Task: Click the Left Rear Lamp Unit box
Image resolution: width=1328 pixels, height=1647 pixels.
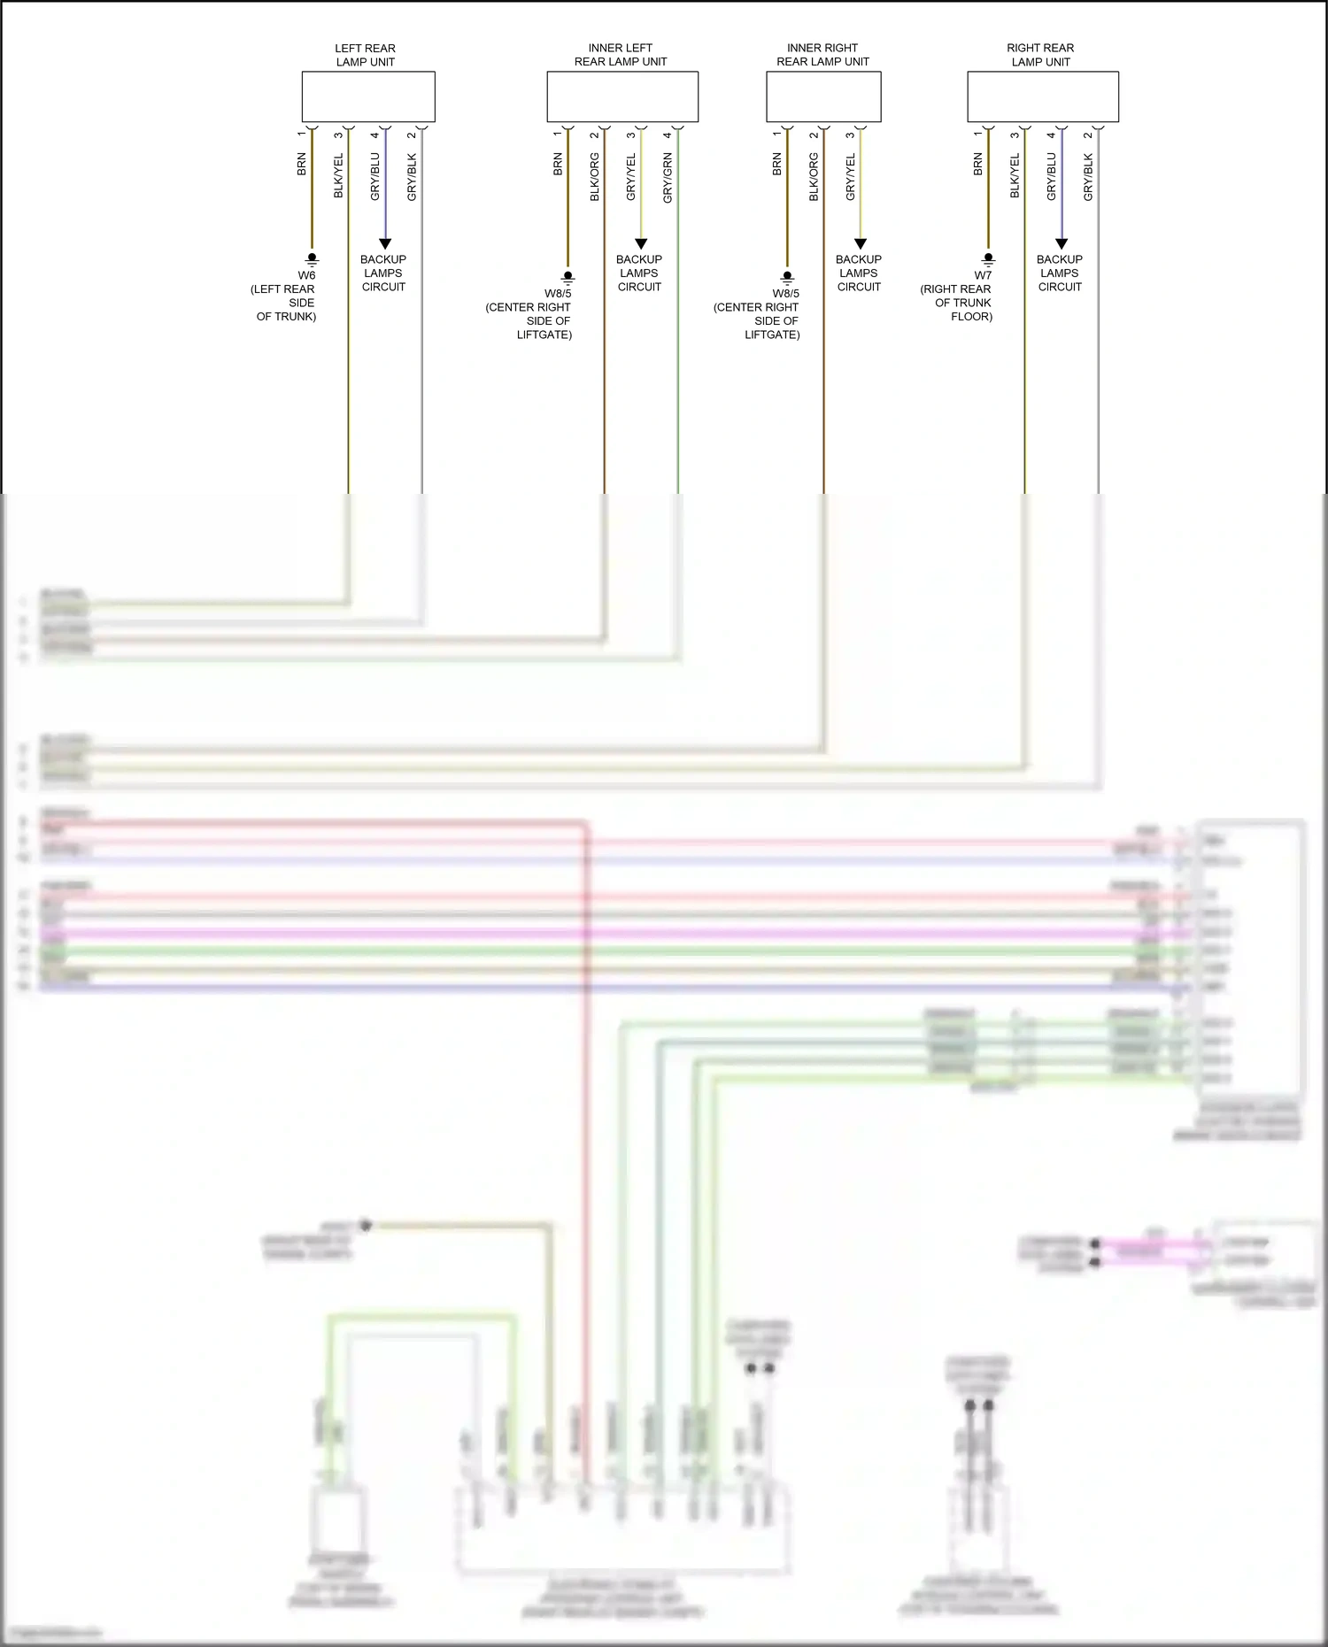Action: (x=368, y=96)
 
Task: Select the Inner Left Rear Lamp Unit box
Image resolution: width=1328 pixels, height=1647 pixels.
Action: (x=622, y=96)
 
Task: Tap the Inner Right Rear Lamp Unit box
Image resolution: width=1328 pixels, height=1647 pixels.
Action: (x=822, y=96)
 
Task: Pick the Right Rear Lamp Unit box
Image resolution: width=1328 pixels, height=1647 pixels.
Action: (x=1042, y=96)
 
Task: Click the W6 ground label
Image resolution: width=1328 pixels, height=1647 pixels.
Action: (x=306, y=275)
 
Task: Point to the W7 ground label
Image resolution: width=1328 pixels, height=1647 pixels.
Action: (x=983, y=275)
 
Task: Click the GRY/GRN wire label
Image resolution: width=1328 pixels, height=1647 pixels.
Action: (x=668, y=178)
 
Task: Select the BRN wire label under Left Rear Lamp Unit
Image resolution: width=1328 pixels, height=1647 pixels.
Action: (x=302, y=165)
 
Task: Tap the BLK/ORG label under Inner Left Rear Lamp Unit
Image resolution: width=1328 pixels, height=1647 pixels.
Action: (x=595, y=177)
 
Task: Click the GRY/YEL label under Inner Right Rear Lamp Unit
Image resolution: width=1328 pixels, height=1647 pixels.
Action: (x=851, y=177)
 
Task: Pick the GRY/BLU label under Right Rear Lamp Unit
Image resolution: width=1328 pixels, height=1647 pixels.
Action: (x=1052, y=177)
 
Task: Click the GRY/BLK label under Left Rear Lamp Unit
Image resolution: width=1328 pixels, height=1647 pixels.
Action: (x=412, y=177)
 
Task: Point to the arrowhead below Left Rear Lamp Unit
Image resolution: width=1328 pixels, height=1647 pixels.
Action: (x=385, y=243)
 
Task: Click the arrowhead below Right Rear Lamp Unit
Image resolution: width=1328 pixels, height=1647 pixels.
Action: (x=1062, y=243)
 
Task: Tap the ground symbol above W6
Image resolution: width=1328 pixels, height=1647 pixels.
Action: (x=312, y=260)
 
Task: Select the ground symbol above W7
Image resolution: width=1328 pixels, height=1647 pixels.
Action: (x=988, y=260)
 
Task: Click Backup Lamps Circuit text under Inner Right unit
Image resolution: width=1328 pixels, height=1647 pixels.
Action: (x=859, y=273)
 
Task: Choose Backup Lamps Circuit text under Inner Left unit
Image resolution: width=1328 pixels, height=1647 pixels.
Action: (x=639, y=273)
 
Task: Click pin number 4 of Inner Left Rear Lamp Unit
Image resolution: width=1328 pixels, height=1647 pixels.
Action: (x=668, y=135)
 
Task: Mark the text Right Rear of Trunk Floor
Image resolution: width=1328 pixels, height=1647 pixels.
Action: (x=957, y=303)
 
